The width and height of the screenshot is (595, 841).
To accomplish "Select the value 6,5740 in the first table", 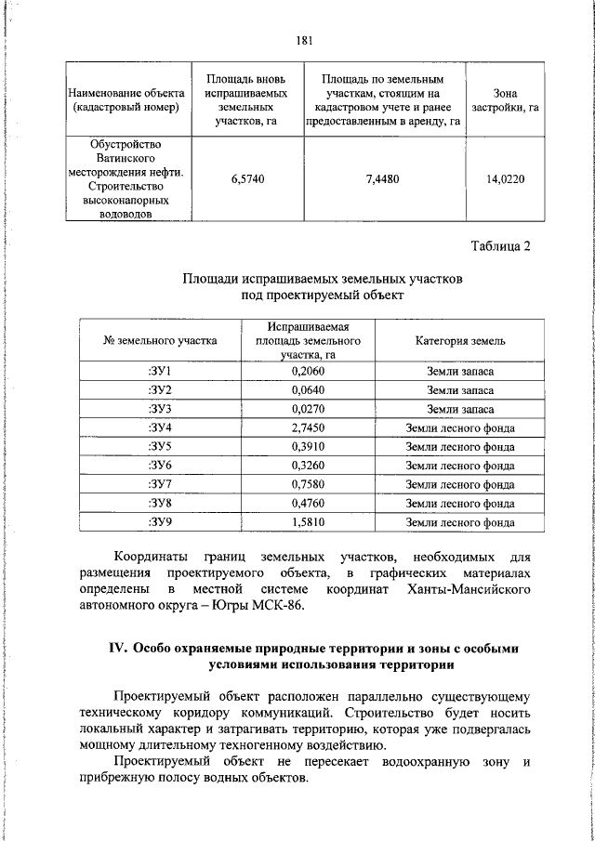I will point(247,179).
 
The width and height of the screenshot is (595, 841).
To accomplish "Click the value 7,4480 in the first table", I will point(382,179).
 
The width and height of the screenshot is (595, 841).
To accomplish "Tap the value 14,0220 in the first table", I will point(505,179).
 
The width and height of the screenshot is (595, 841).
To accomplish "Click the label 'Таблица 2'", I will point(498,246).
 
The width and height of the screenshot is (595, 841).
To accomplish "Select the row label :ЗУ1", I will point(161,371).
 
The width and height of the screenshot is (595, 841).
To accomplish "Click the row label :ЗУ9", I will point(161,522).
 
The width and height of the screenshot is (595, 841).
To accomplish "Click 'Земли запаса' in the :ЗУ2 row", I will point(460,390).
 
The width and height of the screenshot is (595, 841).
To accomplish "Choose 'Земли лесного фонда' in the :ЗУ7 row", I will point(460,484).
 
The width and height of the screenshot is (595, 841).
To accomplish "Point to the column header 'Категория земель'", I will point(460,340).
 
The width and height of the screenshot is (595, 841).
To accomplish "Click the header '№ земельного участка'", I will point(161,340).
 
